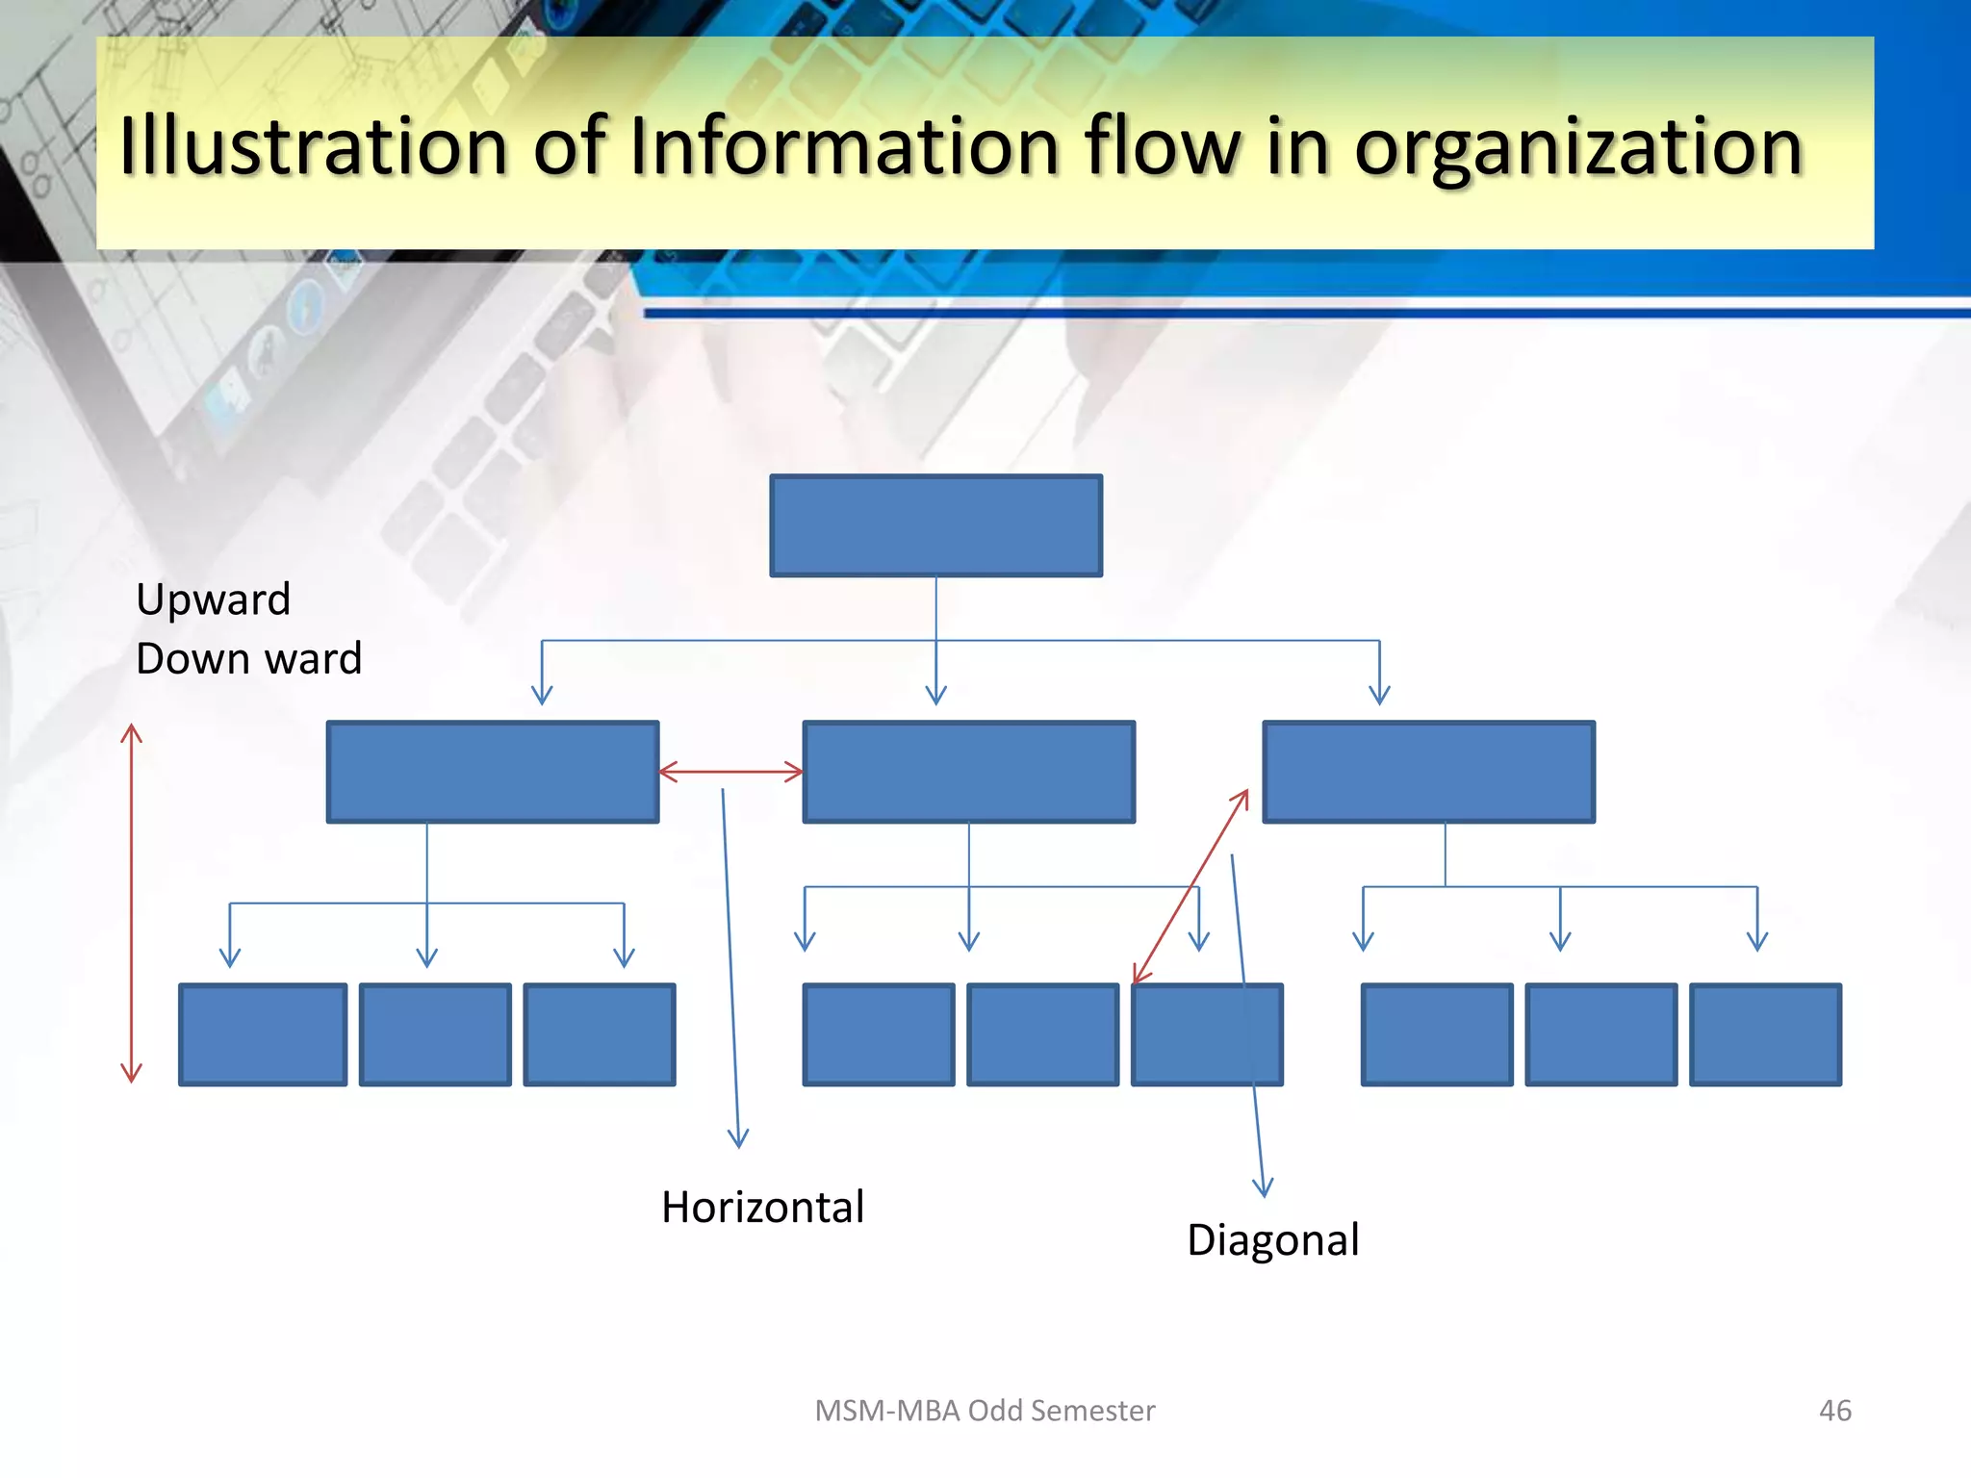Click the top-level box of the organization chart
tap(935, 525)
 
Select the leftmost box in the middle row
tap(492, 772)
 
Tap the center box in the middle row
tap(968, 772)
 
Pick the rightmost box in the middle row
tap(1428, 772)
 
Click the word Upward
tap(213, 599)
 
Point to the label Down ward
tap(248, 659)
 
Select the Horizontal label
tap(762, 1207)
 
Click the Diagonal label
tap(1272, 1239)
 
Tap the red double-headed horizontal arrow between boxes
tap(730, 772)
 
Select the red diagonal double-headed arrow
tap(1190, 886)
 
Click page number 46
tap(1834, 1411)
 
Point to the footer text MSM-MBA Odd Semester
tap(985, 1411)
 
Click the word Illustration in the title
tap(313, 146)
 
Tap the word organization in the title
tap(1577, 148)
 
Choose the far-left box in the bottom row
tap(263, 1034)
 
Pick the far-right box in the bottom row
tap(1765, 1034)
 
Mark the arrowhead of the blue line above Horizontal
tap(738, 1139)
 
